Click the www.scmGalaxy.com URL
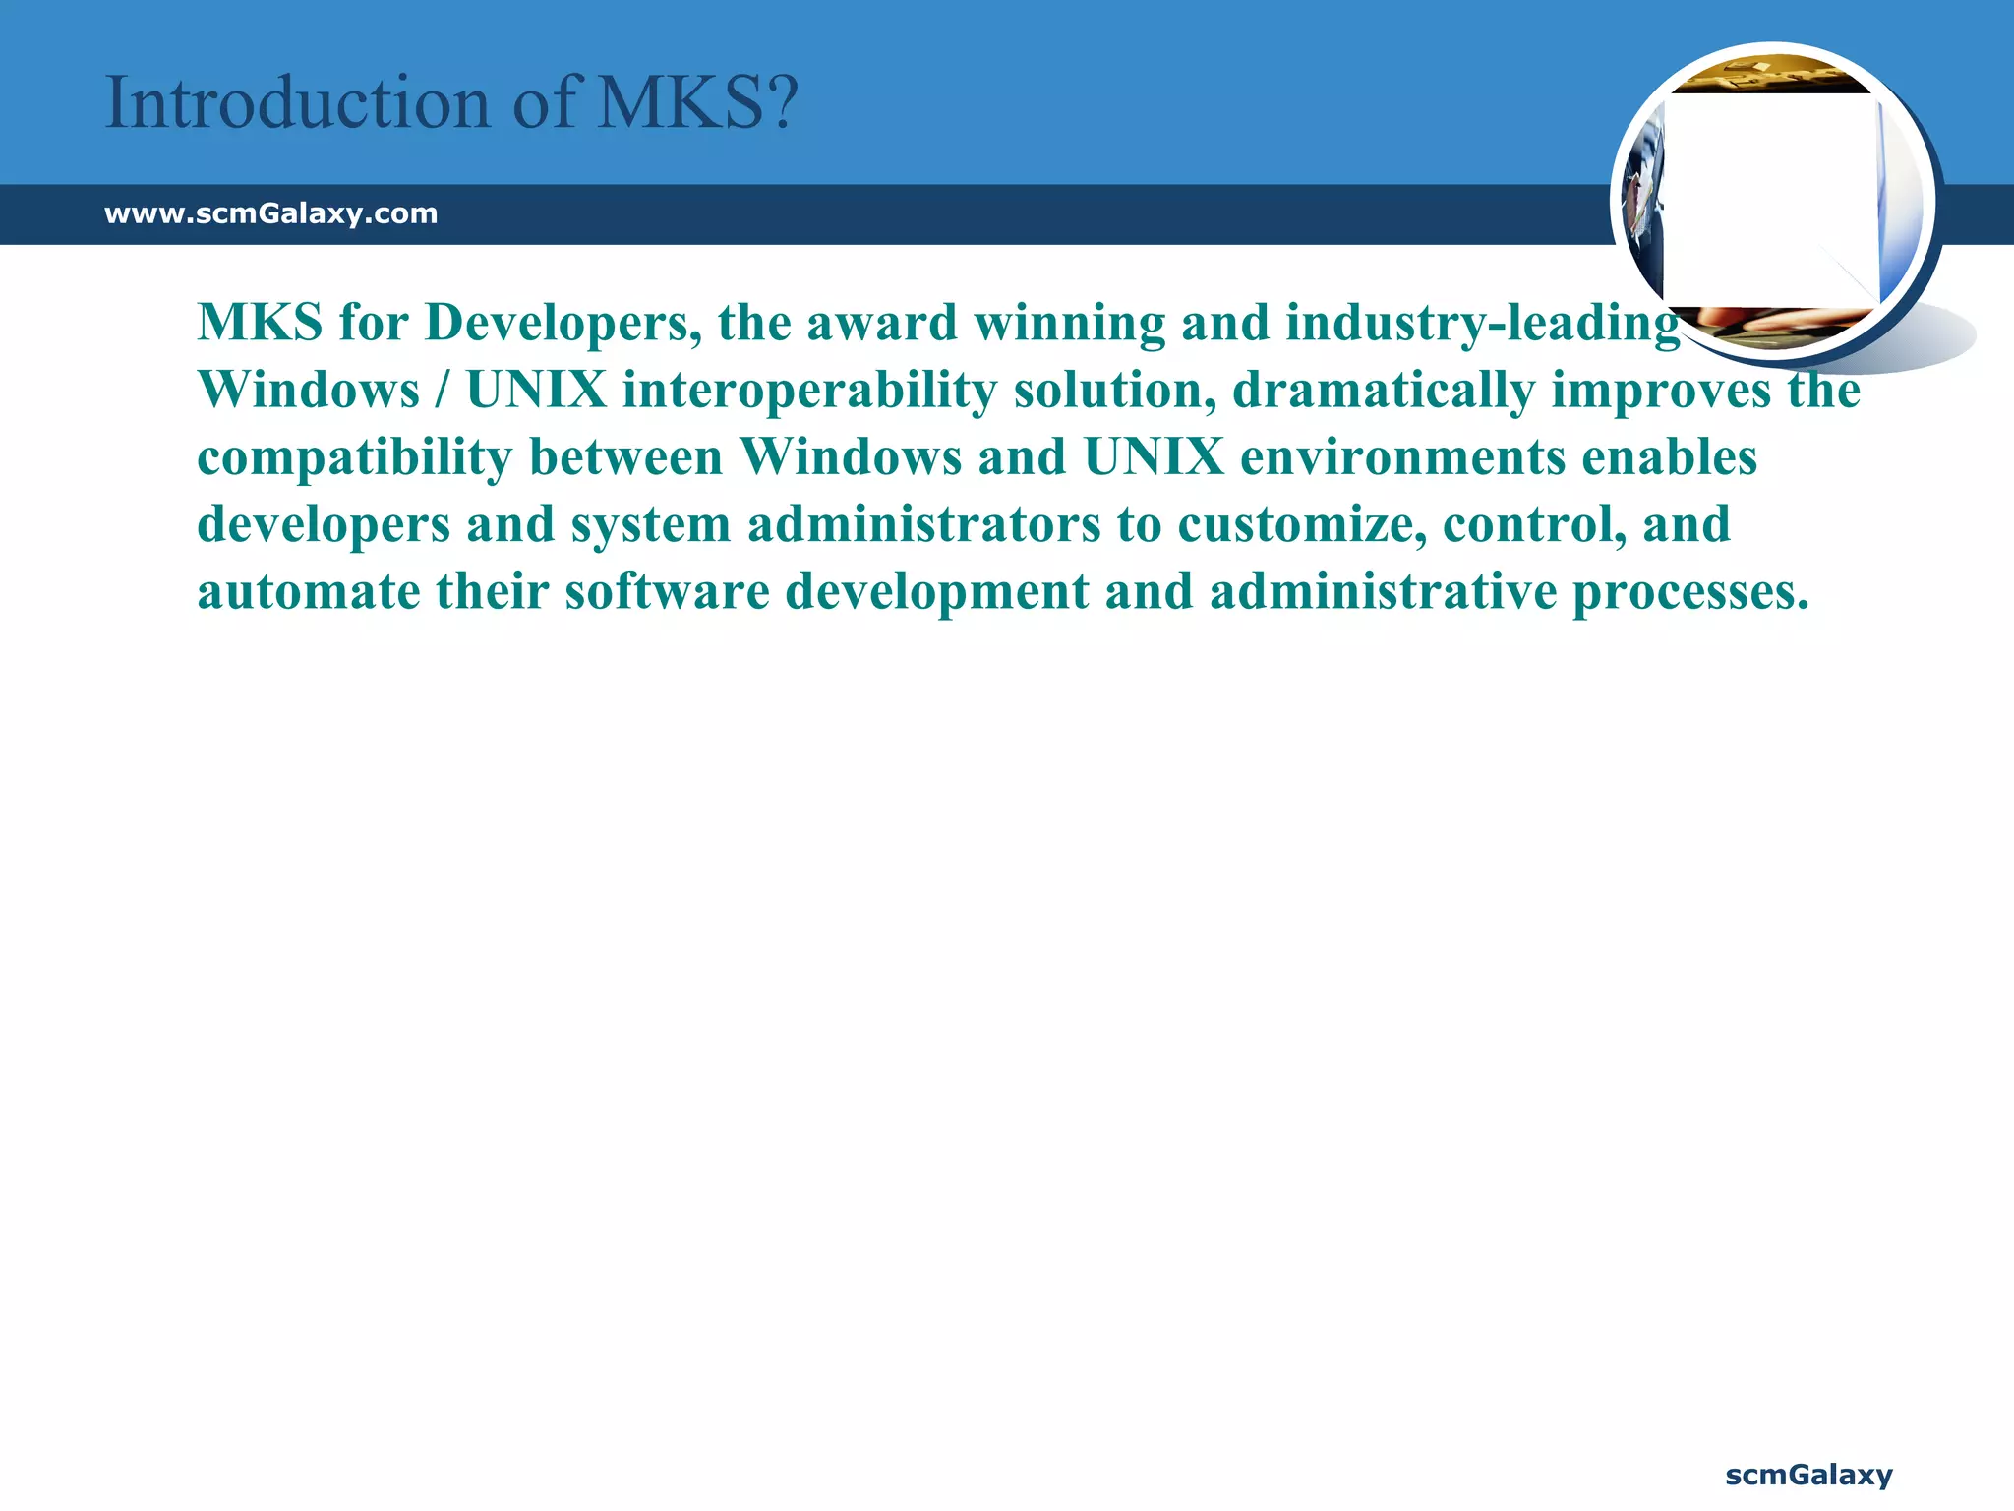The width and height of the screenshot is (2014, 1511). coord(270,213)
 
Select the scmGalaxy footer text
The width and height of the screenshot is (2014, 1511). coord(1808,1475)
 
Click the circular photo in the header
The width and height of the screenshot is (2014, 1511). coord(1772,201)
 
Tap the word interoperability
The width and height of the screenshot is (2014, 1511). coord(809,391)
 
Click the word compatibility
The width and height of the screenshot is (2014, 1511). coord(355,458)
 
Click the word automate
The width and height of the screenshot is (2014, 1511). coord(308,592)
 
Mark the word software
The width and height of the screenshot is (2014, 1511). coord(667,592)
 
